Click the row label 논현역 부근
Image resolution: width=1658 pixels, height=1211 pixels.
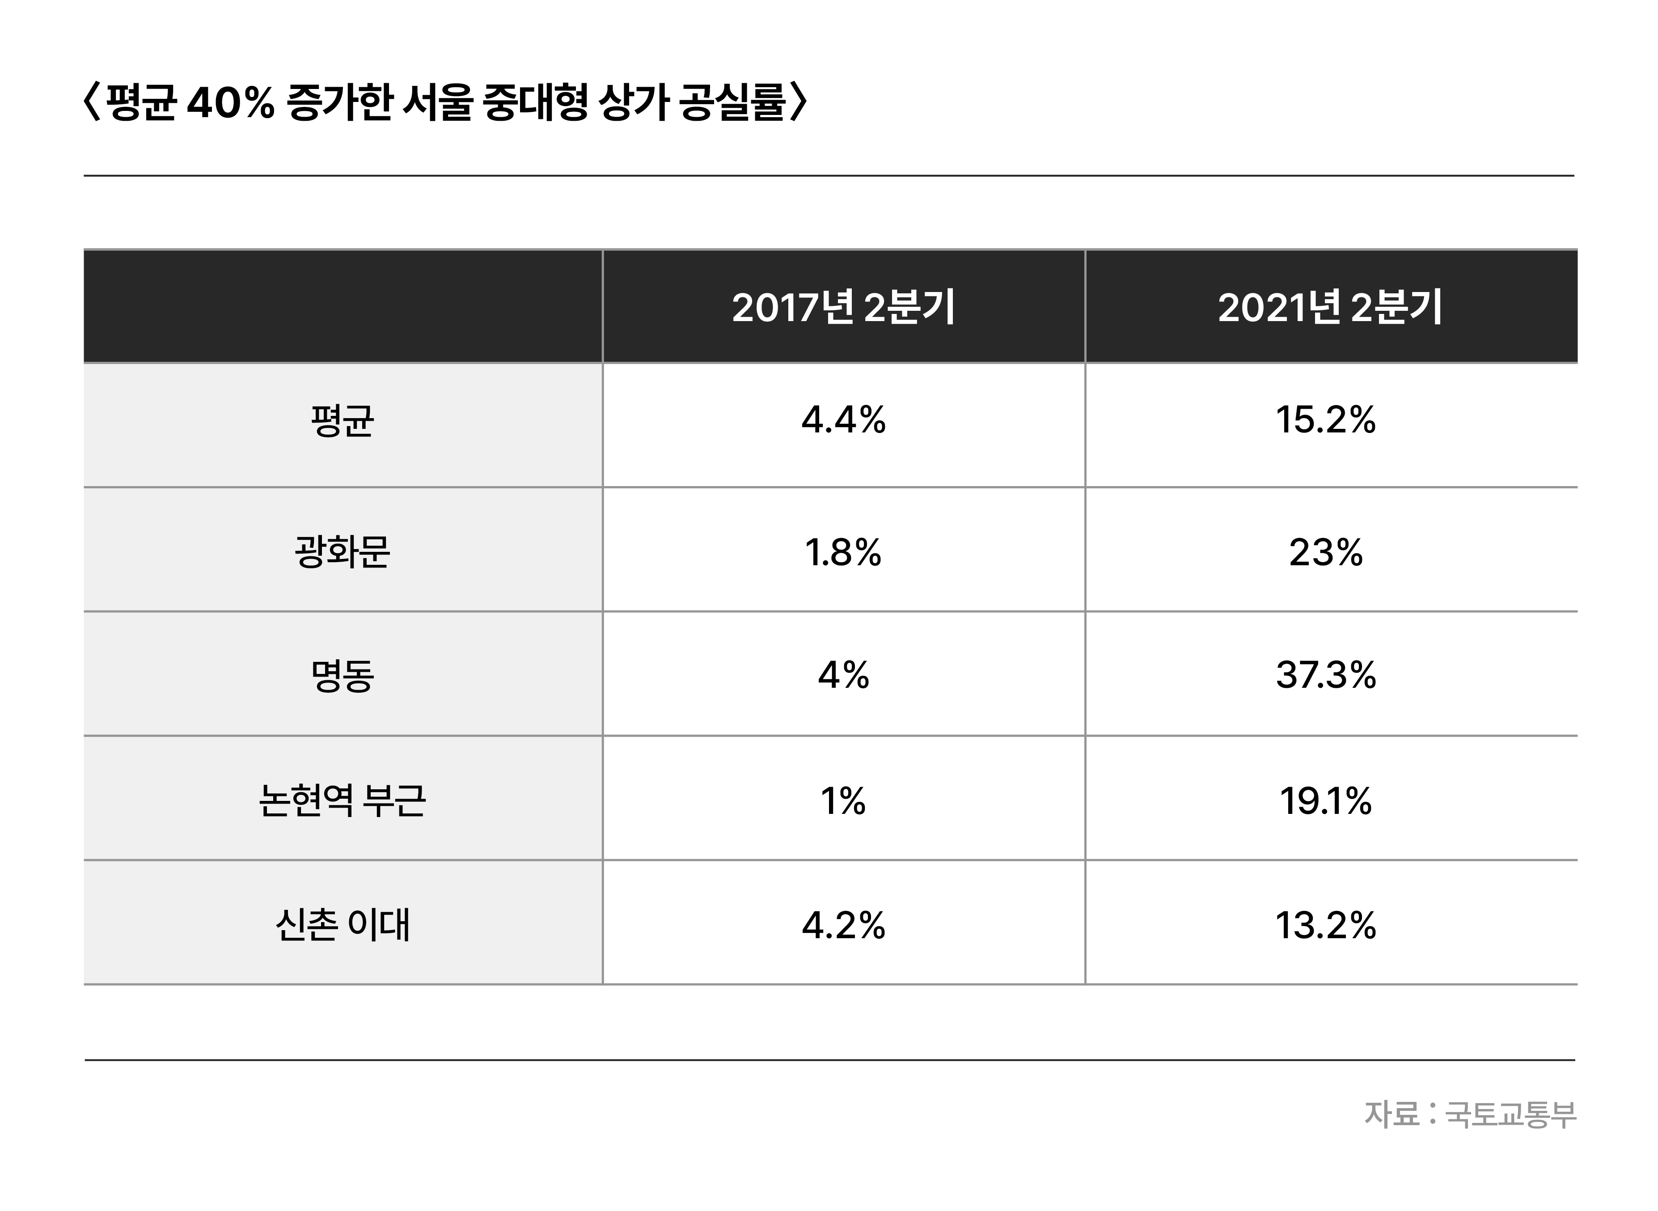343,800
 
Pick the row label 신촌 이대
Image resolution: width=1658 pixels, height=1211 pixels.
343,924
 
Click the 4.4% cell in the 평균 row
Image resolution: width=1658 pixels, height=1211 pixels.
843,421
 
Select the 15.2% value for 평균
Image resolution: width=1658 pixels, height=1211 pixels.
1325,421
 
